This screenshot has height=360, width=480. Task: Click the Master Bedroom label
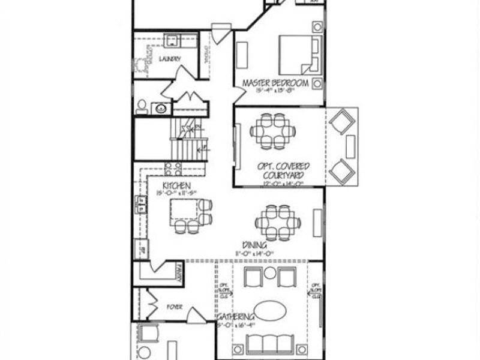(x=275, y=83)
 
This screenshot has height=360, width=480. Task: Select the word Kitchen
(x=177, y=186)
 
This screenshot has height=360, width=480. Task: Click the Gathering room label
(x=235, y=317)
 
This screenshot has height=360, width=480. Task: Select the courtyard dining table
(x=274, y=131)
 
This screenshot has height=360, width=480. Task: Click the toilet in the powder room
(x=142, y=106)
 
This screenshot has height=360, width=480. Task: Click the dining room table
(x=277, y=223)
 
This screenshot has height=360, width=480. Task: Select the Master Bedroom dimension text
(x=275, y=91)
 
